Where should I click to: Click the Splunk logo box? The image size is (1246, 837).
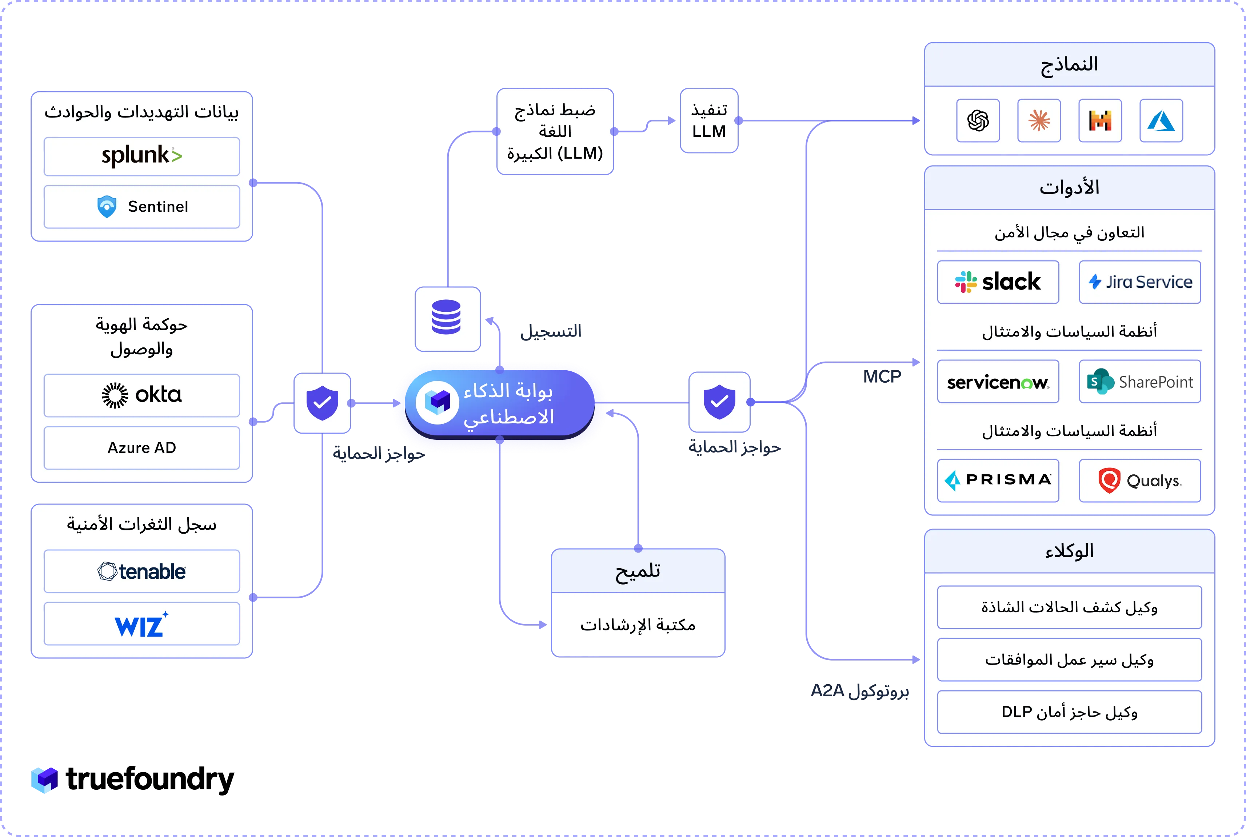[141, 156]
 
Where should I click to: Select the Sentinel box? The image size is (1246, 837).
[141, 207]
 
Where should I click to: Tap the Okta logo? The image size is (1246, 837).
[141, 395]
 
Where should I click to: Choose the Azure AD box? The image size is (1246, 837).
[141, 448]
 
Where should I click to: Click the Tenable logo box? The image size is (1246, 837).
[141, 571]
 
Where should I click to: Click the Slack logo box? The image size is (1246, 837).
[998, 282]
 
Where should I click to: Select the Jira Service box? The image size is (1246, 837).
[1140, 282]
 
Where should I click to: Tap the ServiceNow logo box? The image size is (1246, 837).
[998, 381]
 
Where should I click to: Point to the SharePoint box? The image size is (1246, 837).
[1140, 381]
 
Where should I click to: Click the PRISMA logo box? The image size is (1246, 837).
[998, 481]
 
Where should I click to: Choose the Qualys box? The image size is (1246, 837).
[1140, 481]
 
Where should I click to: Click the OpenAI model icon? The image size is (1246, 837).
[978, 121]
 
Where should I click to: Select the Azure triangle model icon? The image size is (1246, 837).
[1161, 121]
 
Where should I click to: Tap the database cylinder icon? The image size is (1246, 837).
[446, 317]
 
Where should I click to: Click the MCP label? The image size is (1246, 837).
[882, 377]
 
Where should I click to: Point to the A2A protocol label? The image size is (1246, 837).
[860, 691]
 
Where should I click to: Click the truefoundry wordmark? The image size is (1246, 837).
[150, 780]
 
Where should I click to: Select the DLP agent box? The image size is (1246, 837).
[1069, 712]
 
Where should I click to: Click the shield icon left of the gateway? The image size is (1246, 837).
[322, 403]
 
